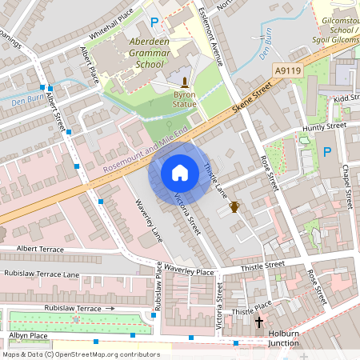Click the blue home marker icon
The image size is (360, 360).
point(179,172)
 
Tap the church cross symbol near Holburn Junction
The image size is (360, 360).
point(258,322)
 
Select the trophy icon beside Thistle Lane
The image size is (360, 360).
point(235,207)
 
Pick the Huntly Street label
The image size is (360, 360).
point(324,126)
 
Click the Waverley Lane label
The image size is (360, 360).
point(146,222)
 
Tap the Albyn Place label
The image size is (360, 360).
point(28,335)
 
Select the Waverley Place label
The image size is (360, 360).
point(190,272)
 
